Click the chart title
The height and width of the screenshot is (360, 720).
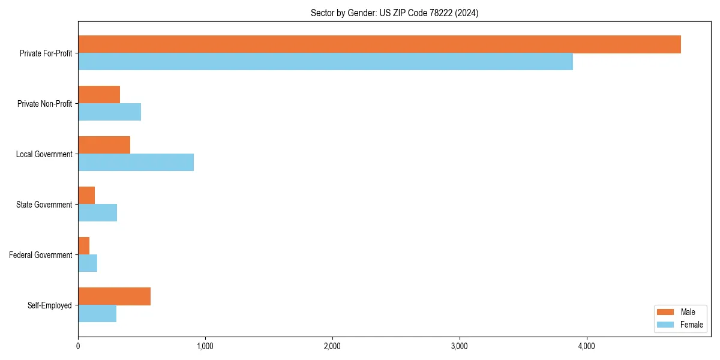(394, 13)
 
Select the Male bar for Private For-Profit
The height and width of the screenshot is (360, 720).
(379, 44)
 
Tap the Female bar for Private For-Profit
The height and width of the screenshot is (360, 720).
(325, 62)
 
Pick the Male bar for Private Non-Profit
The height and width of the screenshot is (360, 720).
(99, 95)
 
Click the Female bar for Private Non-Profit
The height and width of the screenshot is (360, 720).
(109, 112)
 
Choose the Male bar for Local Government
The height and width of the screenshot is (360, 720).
(104, 145)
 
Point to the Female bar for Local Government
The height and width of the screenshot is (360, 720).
(136, 163)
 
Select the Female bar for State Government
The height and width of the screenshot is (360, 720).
(97, 213)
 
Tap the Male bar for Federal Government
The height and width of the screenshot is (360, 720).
(83, 246)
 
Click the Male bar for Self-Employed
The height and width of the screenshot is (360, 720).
(114, 296)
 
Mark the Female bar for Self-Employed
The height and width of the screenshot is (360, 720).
(97, 314)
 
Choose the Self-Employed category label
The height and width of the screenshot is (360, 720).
(50, 305)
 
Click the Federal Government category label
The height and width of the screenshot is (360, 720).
(41, 255)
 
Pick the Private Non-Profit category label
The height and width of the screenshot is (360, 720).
(44, 104)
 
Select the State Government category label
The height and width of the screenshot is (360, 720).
(44, 205)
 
